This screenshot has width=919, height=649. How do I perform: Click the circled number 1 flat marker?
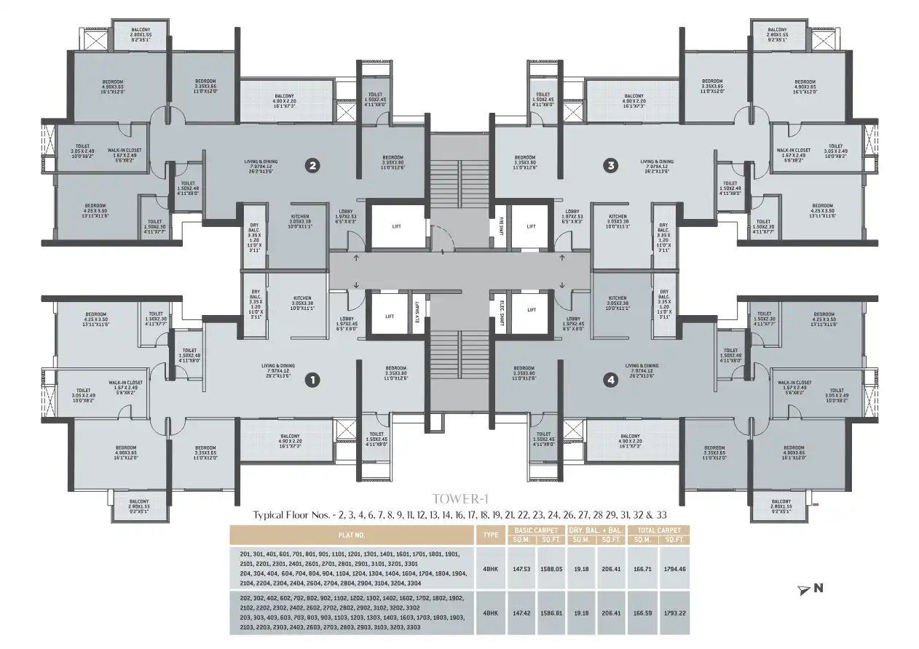[312, 379]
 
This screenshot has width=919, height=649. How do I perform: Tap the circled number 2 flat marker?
[312, 166]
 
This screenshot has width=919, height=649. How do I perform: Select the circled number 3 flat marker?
[610, 166]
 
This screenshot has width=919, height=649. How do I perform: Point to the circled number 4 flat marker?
[610, 379]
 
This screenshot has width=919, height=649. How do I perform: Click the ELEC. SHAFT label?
[502, 312]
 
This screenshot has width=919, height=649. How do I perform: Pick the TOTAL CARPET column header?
[658, 530]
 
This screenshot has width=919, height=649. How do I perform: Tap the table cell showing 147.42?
[521, 613]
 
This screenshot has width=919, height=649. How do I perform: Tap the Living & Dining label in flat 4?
[641, 370]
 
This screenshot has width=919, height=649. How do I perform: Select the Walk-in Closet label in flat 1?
[125, 386]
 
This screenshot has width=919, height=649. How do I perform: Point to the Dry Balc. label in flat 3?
[663, 235]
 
